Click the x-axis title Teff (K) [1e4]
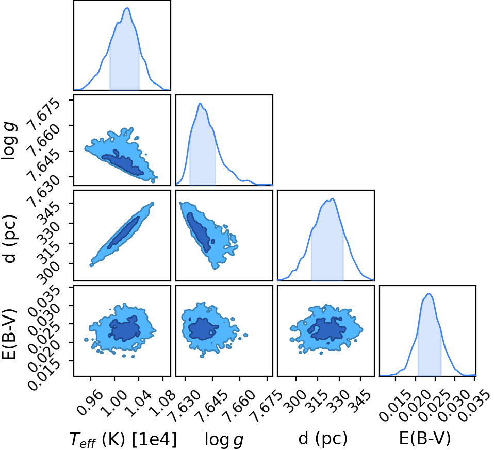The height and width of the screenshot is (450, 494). point(123,439)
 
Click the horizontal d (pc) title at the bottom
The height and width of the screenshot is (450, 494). point(323,438)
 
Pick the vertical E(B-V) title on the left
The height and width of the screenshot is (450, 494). point(9,335)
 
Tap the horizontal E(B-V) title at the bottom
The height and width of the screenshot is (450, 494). point(425,438)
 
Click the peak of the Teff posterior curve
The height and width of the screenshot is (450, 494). point(127,8)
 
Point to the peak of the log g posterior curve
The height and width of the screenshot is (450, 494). point(200,103)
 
